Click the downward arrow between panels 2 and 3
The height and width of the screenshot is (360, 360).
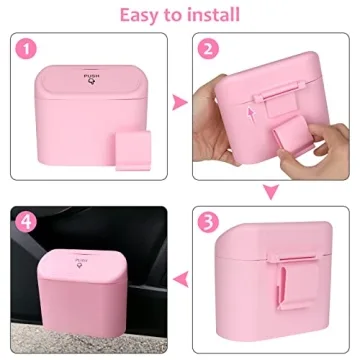(269, 191)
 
